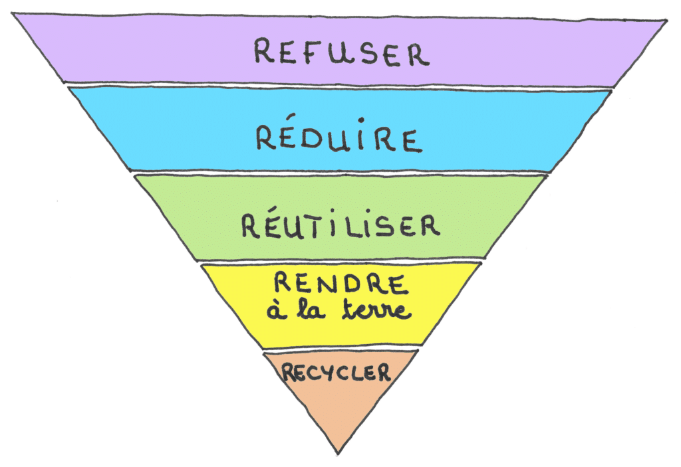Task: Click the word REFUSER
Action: [342, 52]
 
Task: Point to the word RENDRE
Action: [341, 284]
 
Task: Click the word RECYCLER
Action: [336, 373]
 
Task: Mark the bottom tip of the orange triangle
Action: [338, 454]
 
